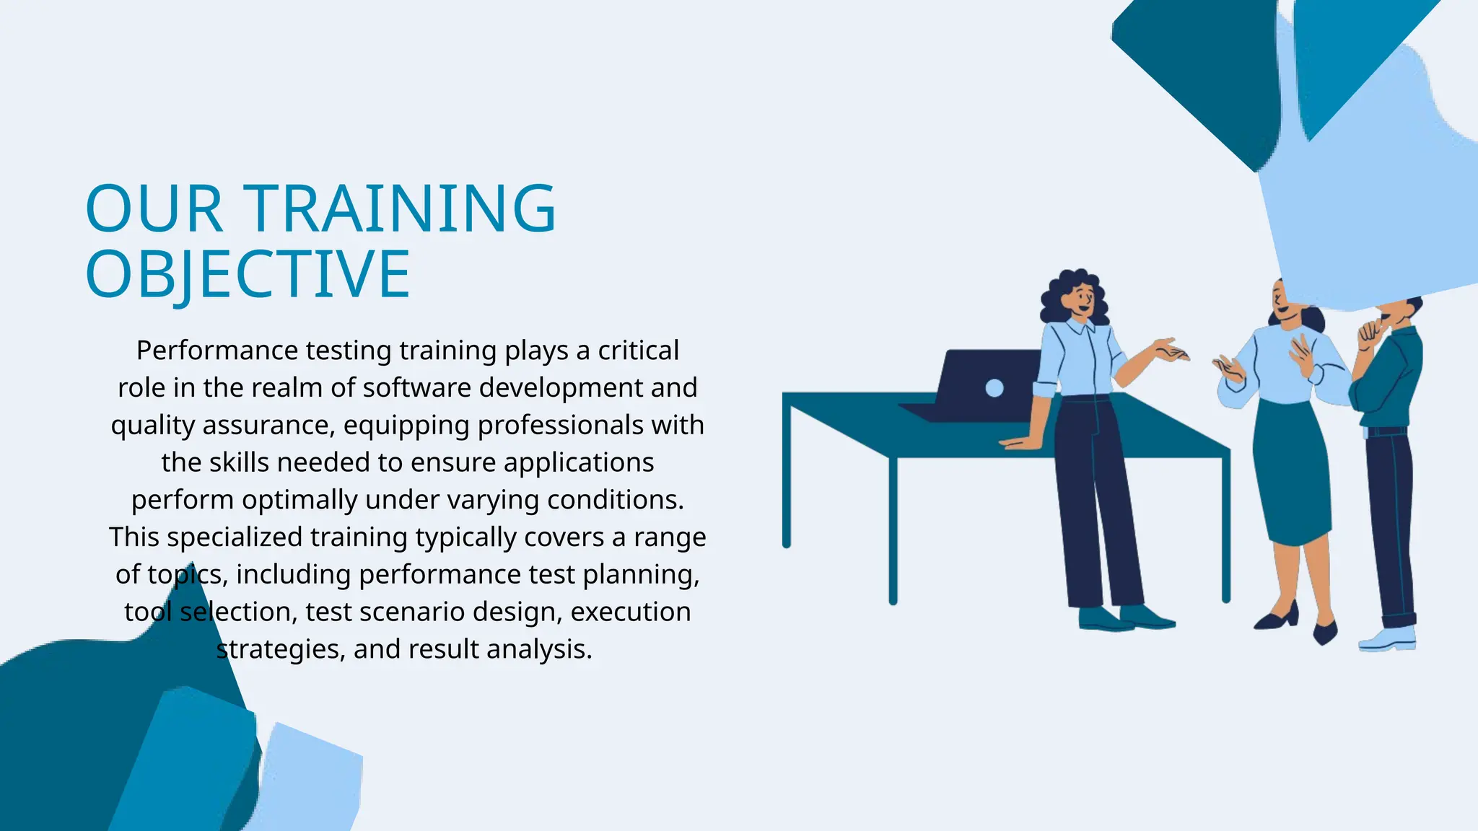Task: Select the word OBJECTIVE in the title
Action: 248,274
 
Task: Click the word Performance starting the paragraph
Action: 217,351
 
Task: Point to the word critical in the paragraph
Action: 638,351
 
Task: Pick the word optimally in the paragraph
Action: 299,500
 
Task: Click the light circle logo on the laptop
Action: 994,388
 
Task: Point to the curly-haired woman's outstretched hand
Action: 1171,351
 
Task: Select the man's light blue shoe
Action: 1387,639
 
